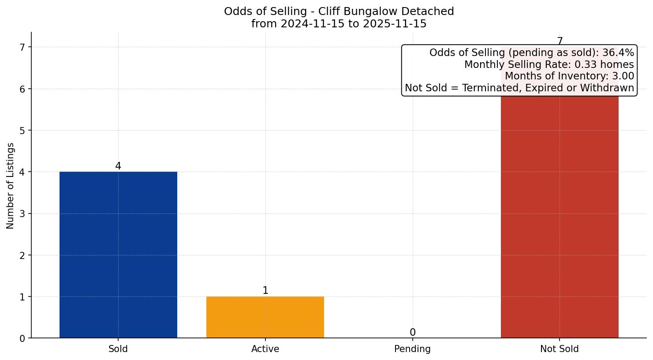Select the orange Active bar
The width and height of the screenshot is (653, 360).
(x=265, y=317)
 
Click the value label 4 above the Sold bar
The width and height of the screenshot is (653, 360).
(x=118, y=166)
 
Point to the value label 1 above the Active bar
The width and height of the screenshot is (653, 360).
(x=265, y=291)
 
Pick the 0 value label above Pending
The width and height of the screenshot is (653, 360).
(x=412, y=333)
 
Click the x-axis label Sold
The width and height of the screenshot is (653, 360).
(x=118, y=349)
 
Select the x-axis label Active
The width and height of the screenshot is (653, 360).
(x=265, y=349)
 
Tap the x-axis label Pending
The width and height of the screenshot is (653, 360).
(x=412, y=349)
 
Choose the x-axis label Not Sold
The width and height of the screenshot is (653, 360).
(x=559, y=349)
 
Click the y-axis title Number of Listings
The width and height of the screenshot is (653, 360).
(x=11, y=186)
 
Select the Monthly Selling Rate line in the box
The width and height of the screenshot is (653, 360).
(x=549, y=65)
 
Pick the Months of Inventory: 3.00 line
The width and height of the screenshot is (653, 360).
(x=569, y=76)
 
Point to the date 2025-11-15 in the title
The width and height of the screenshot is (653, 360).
(x=395, y=24)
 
